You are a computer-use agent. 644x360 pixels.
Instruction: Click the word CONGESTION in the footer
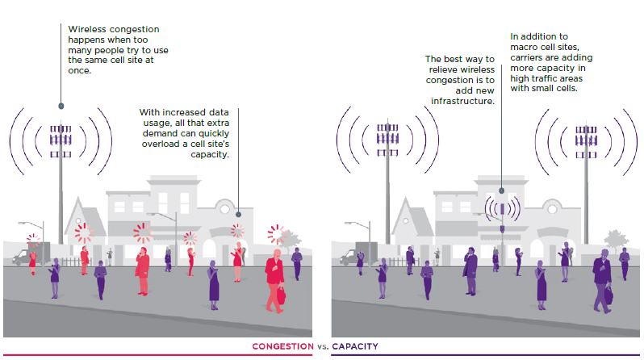click(282, 346)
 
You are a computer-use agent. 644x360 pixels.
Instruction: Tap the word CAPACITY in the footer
click(355, 346)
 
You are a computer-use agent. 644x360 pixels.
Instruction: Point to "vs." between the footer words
click(322, 346)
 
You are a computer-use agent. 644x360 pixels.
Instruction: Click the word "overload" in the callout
click(158, 142)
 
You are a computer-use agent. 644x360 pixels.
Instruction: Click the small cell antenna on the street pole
click(501, 211)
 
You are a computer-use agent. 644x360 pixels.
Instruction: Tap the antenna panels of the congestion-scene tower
click(60, 140)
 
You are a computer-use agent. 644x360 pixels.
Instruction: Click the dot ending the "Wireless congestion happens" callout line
click(61, 106)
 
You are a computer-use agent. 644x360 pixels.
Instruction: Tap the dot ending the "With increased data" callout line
click(239, 205)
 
